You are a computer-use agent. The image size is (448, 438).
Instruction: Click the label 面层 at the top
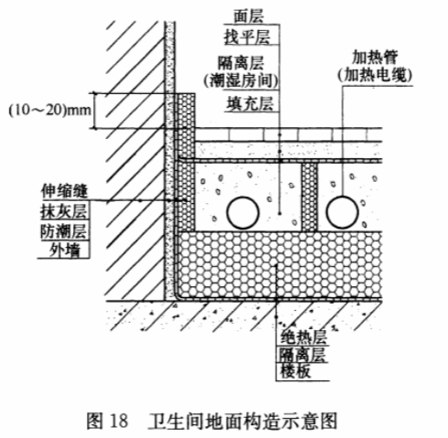tap(248, 16)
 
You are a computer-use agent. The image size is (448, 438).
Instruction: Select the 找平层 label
tap(247, 37)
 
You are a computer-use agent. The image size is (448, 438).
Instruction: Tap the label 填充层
tap(250, 103)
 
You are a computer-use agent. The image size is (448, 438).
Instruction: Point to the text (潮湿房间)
tap(240, 80)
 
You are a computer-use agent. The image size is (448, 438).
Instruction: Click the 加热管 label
tap(375, 57)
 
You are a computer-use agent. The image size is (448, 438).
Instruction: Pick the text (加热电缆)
tap(375, 75)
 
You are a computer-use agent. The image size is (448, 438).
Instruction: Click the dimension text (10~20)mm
tap(49, 110)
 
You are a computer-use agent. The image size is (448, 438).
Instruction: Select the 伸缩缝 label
tap(64, 191)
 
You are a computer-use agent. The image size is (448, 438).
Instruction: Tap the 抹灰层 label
tap(64, 211)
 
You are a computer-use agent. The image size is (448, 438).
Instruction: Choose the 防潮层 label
tap(64, 231)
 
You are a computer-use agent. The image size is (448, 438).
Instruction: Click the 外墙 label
tap(65, 251)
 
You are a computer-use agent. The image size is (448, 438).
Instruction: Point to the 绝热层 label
tap(304, 337)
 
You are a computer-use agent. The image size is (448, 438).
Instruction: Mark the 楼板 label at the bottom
tap(295, 371)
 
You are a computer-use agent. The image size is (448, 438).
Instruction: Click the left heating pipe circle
tap(242, 212)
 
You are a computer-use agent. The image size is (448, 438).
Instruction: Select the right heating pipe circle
tap(342, 212)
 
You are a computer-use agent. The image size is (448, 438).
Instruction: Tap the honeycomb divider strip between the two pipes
tap(309, 197)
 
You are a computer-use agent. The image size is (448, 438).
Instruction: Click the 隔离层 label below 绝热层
tap(303, 355)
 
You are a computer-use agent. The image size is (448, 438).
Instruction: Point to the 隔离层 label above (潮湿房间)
tap(240, 63)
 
